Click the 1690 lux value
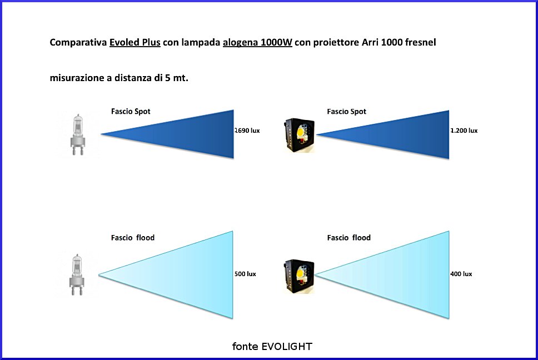[x=247, y=131]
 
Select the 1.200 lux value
[x=464, y=131]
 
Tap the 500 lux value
[x=245, y=274]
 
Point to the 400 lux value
[x=461, y=274]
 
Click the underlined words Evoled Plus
[x=135, y=43]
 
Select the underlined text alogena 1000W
[x=257, y=43]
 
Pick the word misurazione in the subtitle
[x=77, y=78]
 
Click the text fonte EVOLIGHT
[x=272, y=347]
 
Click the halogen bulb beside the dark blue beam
[x=78, y=135]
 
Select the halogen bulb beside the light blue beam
[x=77, y=274]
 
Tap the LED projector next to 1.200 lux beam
[x=300, y=136]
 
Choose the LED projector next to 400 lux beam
[x=299, y=276]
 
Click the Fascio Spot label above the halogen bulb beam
[x=131, y=112]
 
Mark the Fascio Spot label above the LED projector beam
[x=347, y=112]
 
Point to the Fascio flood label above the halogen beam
[x=133, y=238]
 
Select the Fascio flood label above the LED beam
[x=349, y=238]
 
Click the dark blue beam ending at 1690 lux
[x=190, y=134]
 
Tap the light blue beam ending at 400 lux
[x=404, y=275]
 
